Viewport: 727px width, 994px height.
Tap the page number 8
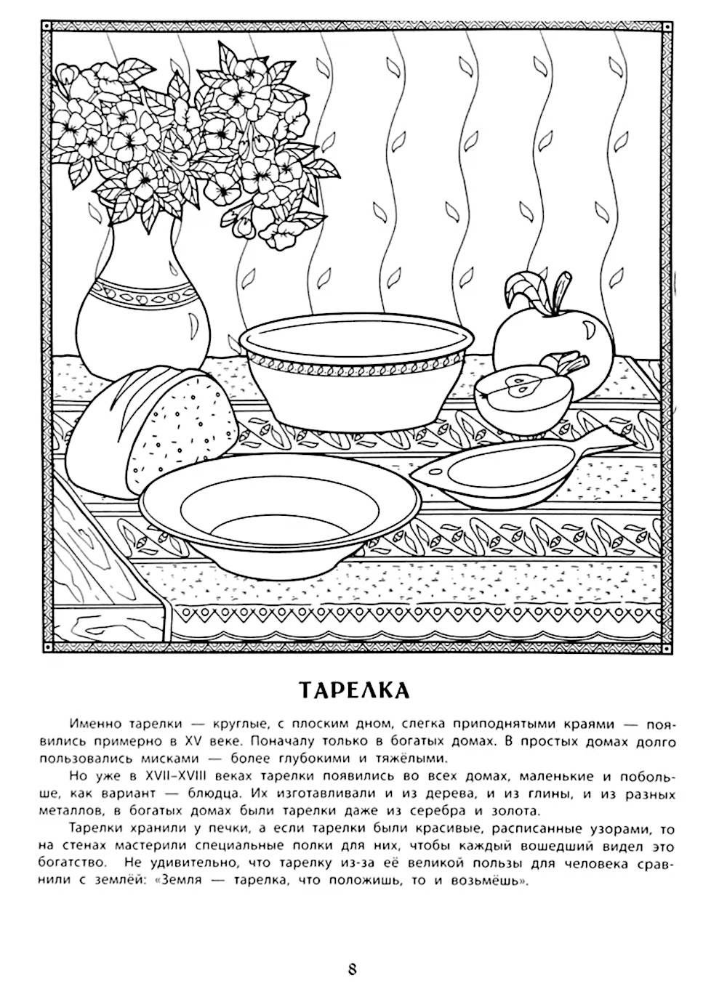[353, 969]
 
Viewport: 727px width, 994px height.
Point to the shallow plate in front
[281, 509]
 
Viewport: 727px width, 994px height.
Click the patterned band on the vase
[145, 296]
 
